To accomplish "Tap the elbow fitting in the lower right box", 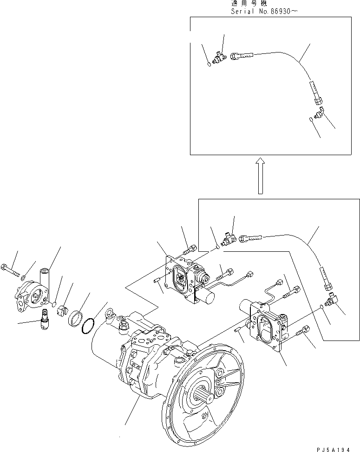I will coord(333,300).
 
